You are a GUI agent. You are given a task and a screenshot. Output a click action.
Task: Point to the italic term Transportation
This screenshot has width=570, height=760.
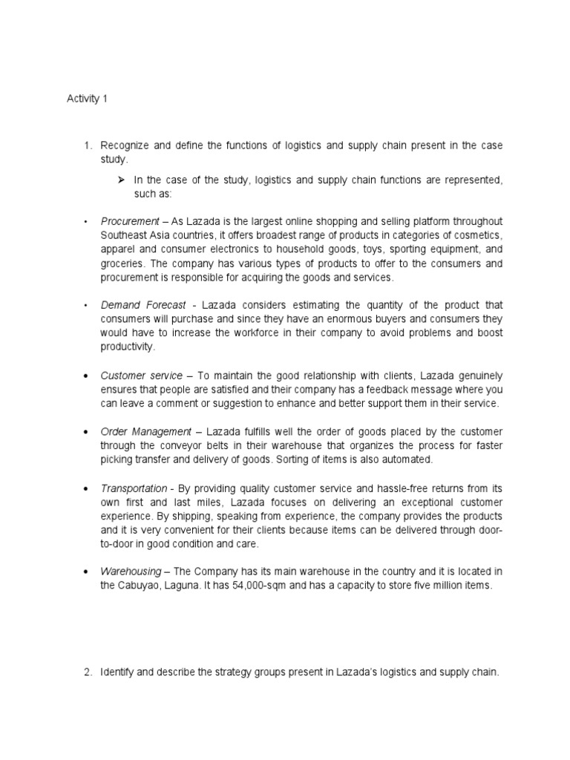pyautogui.click(x=134, y=488)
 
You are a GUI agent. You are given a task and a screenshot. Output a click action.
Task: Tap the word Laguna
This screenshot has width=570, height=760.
pyautogui.click(x=194, y=586)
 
